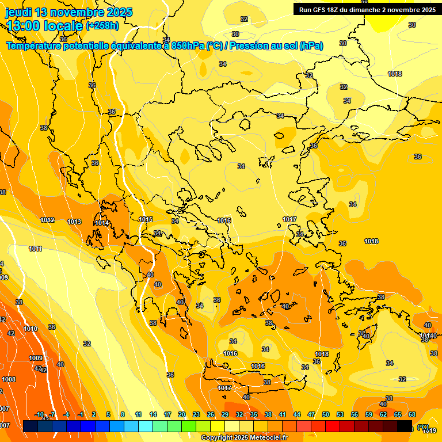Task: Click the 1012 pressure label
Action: tap(47, 220)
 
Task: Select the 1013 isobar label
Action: tap(74, 222)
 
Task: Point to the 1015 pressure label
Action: tap(146, 219)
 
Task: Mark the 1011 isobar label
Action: tap(36, 249)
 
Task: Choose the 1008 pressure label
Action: tap(9, 379)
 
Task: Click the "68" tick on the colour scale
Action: tap(412, 414)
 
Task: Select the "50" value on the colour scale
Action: tap(326, 414)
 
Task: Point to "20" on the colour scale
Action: tap(182, 414)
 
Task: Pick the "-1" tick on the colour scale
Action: tap(81, 414)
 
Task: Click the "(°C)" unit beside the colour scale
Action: tap(424, 427)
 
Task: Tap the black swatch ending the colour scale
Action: tap(405, 426)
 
